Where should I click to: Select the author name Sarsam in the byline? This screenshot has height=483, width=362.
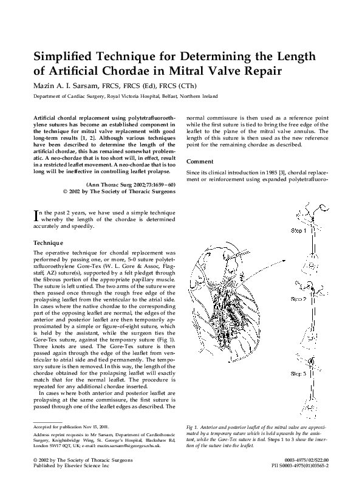point(84,87)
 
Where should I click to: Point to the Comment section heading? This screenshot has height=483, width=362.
point(200,162)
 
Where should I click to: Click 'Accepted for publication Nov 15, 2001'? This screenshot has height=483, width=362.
point(71,428)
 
